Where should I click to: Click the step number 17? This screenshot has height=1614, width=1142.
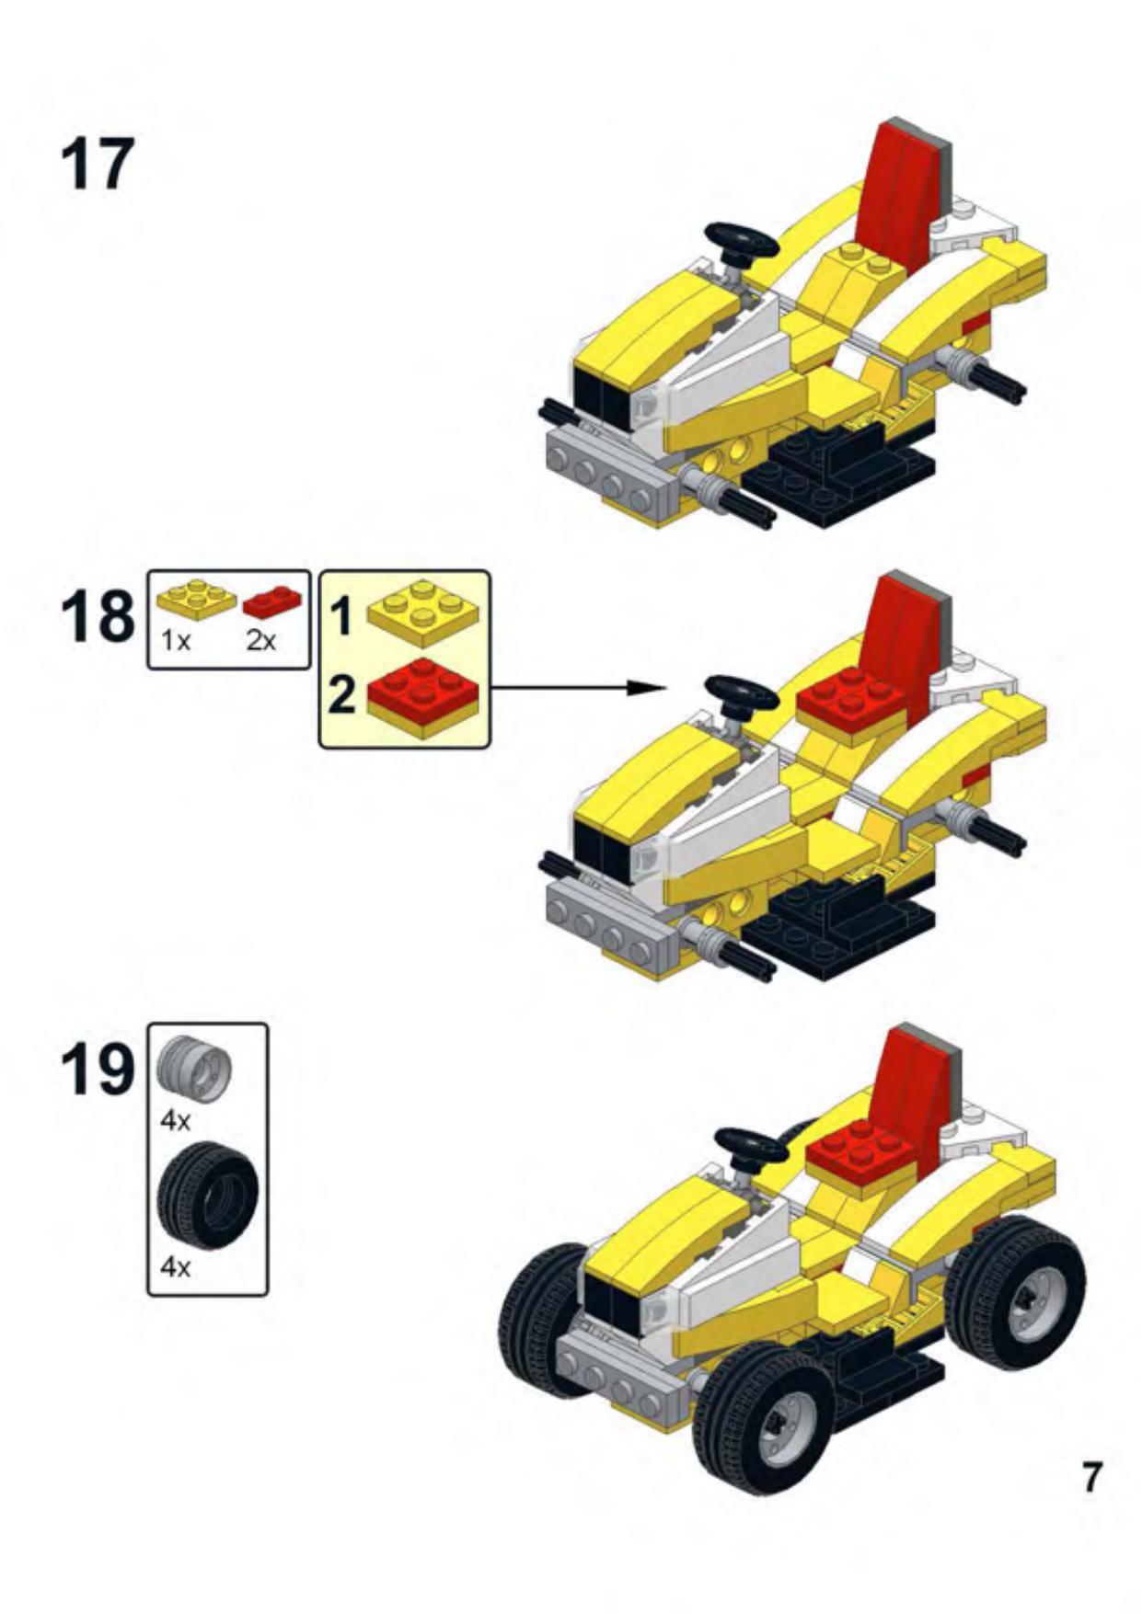(x=98, y=165)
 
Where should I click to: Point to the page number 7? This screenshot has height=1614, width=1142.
(x=1090, y=1477)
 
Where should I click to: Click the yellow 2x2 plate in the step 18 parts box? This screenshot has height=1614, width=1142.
(x=196, y=599)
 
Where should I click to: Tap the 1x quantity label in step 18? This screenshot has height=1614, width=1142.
(x=176, y=641)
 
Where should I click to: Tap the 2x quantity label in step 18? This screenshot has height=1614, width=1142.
(x=260, y=641)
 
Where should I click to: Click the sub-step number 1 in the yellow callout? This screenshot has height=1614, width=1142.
(x=341, y=615)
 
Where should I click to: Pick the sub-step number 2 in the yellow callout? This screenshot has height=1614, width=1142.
(x=341, y=694)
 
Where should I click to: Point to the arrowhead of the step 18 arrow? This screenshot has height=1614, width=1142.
(x=652, y=687)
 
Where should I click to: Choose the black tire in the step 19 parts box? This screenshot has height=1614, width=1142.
(x=208, y=1195)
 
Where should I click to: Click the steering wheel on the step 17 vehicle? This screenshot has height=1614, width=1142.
(x=742, y=241)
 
